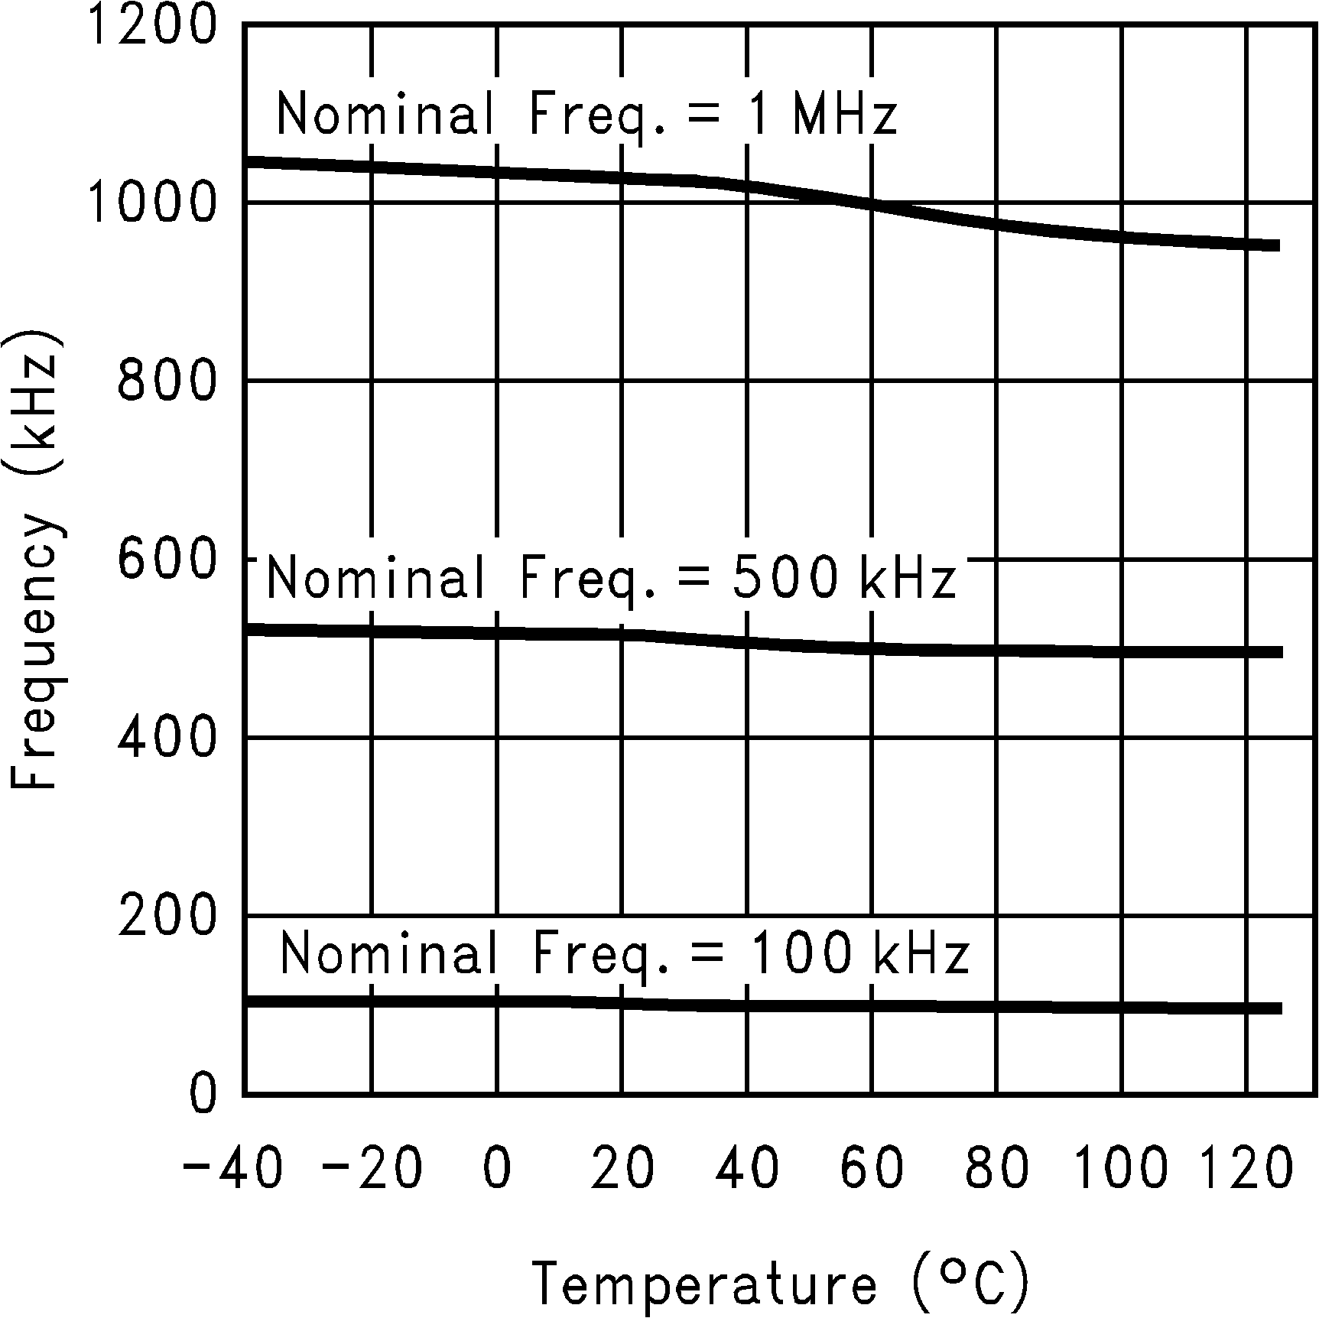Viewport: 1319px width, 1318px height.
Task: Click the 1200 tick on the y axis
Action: pos(153,24)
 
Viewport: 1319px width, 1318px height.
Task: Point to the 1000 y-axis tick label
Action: pos(153,203)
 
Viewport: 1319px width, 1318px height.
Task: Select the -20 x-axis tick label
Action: pos(372,1168)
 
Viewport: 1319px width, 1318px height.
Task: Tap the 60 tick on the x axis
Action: pos(872,1168)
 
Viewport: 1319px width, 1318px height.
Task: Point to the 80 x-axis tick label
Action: pos(996,1168)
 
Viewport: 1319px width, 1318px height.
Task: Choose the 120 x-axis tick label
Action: pos(1246,1168)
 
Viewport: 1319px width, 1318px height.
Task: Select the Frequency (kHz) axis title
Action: pos(34,560)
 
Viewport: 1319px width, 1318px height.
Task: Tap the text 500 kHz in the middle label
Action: pos(843,579)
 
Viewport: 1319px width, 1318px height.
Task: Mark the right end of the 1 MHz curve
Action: pos(1277,245)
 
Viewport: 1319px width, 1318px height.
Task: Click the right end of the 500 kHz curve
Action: pos(1278,652)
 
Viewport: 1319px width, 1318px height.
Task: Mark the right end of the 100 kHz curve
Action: pos(1278,1008)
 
